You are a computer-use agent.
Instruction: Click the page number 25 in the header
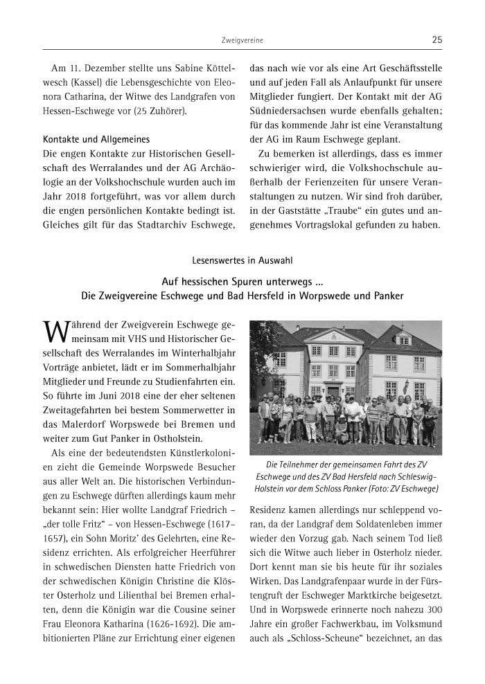click(x=436, y=40)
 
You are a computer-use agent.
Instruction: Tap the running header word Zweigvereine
click(x=242, y=41)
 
